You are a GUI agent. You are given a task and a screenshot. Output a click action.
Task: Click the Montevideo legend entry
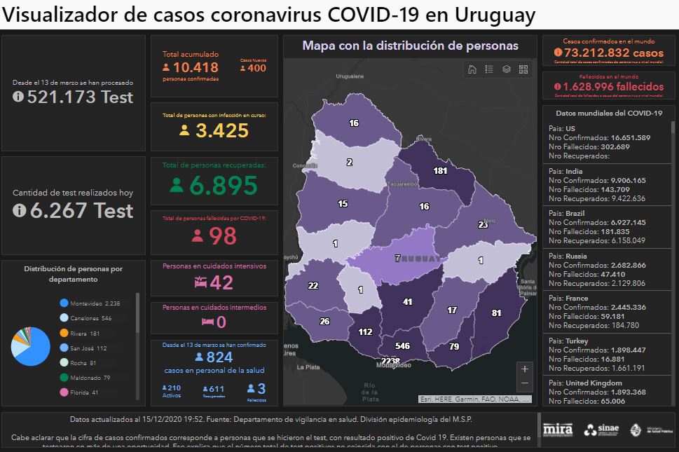click(x=91, y=303)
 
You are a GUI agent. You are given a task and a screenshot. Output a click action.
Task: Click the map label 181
click(x=440, y=170)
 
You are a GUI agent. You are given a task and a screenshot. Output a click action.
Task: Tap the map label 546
click(x=402, y=346)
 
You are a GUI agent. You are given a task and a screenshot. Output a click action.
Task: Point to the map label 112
click(x=365, y=332)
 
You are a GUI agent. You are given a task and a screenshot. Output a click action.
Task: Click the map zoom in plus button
click(x=525, y=369)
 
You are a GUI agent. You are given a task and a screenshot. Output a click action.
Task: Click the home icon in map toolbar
click(x=472, y=69)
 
